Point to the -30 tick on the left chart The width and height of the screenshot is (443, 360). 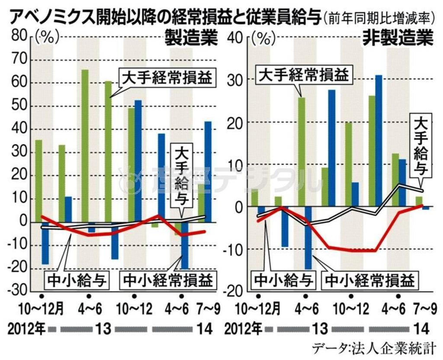[x=17, y=291]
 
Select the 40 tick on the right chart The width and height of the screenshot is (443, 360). [x=234, y=37]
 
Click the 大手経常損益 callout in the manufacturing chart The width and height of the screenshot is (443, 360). [x=167, y=78]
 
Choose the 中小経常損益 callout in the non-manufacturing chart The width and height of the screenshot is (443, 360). [x=369, y=280]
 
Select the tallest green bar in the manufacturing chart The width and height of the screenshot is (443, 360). [x=85, y=147]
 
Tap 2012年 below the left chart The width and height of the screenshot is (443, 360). [x=26, y=329]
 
